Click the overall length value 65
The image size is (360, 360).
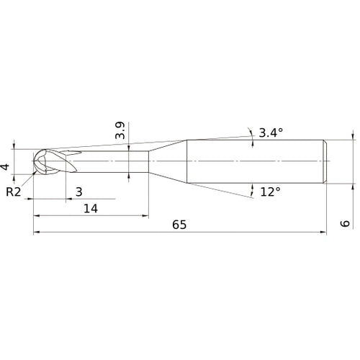point(179,225)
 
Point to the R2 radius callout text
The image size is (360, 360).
point(13,192)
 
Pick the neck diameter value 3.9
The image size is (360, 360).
point(120,131)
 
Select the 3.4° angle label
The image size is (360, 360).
point(271,132)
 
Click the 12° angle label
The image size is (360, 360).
point(271,192)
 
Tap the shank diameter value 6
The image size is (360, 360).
point(346,224)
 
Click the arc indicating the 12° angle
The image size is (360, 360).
point(252,190)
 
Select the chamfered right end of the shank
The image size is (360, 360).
point(325,160)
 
